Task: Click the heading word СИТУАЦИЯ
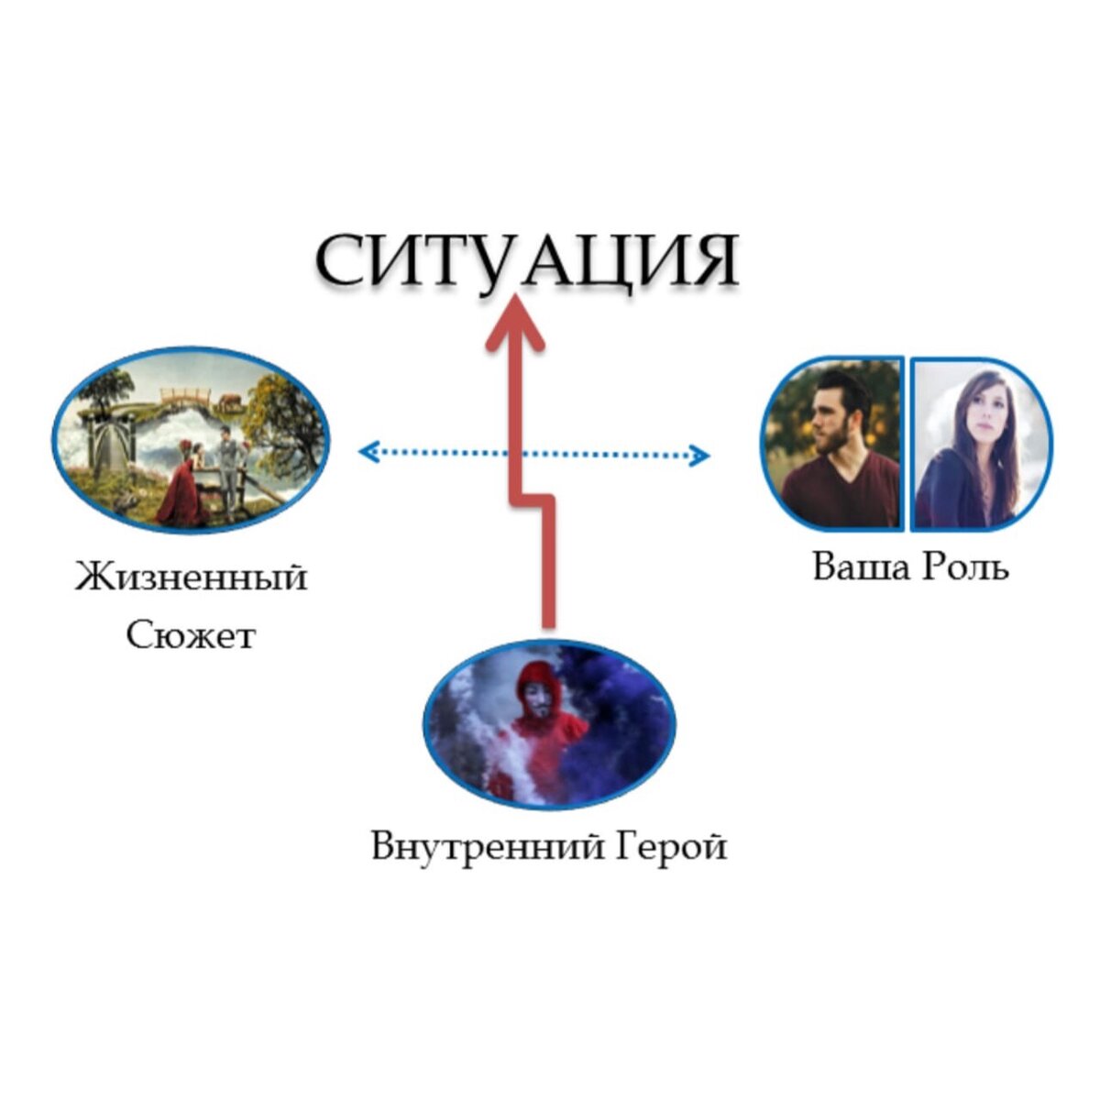[527, 260]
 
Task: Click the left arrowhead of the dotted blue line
[368, 451]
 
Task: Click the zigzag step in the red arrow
[533, 499]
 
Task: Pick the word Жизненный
[191, 578]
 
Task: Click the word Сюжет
[191, 634]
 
